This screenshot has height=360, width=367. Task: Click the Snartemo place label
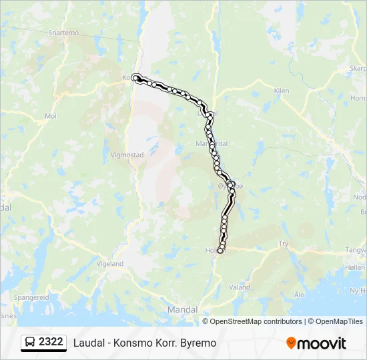(x=63, y=33)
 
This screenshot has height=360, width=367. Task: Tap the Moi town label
(x=51, y=115)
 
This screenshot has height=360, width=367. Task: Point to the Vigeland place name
(x=110, y=264)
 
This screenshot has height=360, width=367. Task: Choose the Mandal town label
(x=182, y=310)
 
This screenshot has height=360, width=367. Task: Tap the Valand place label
(x=240, y=287)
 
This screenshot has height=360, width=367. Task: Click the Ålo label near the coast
(x=299, y=293)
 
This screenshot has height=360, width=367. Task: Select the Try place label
(x=284, y=244)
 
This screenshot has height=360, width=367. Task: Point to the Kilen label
(x=282, y=91)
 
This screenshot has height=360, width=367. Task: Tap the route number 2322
(x=51, y=342)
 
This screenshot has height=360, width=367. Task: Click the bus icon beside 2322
(x=31, y=343)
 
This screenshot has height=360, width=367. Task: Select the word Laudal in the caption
(x=89, y=343)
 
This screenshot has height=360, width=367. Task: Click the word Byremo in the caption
(x=199, y=343)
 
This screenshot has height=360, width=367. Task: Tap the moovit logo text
(x=322, y=343)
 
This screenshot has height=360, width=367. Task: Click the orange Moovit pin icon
(x=291, y=343)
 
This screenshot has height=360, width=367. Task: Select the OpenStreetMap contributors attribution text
(x=256, y=321)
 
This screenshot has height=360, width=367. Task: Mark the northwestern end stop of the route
(x=136, y=77)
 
